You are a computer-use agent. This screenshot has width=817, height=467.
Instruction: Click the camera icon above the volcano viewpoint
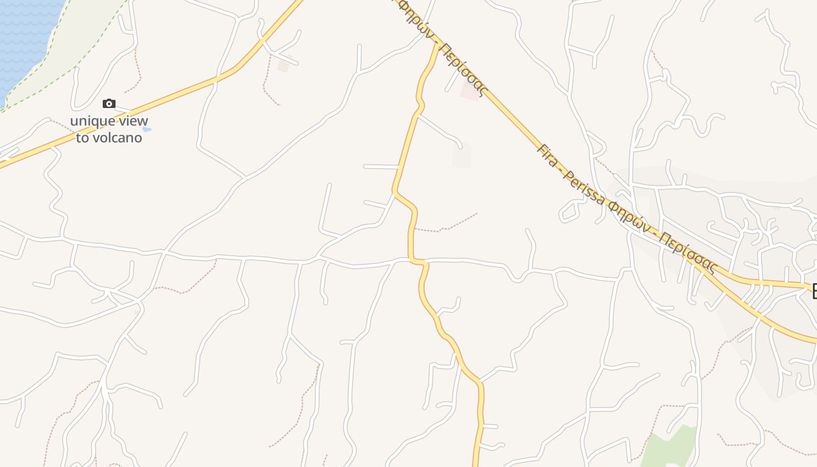[x=109, y=104]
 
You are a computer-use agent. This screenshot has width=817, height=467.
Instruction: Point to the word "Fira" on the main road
[x=547, y=155]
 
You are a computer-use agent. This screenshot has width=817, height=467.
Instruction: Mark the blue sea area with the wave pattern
[x=23, y=35]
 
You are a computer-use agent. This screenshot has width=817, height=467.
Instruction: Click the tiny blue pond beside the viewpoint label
[x=146, y=129]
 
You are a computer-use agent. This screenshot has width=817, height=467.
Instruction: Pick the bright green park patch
[x=671, y=449]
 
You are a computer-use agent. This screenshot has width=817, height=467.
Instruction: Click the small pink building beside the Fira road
[x=470, y=90]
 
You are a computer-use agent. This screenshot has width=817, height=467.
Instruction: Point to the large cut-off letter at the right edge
[x=812, y=291]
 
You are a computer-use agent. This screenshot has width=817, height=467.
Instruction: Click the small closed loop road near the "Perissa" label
[x=571, y=211]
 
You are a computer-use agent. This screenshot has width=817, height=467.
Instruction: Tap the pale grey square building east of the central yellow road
[x=462, y=155]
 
